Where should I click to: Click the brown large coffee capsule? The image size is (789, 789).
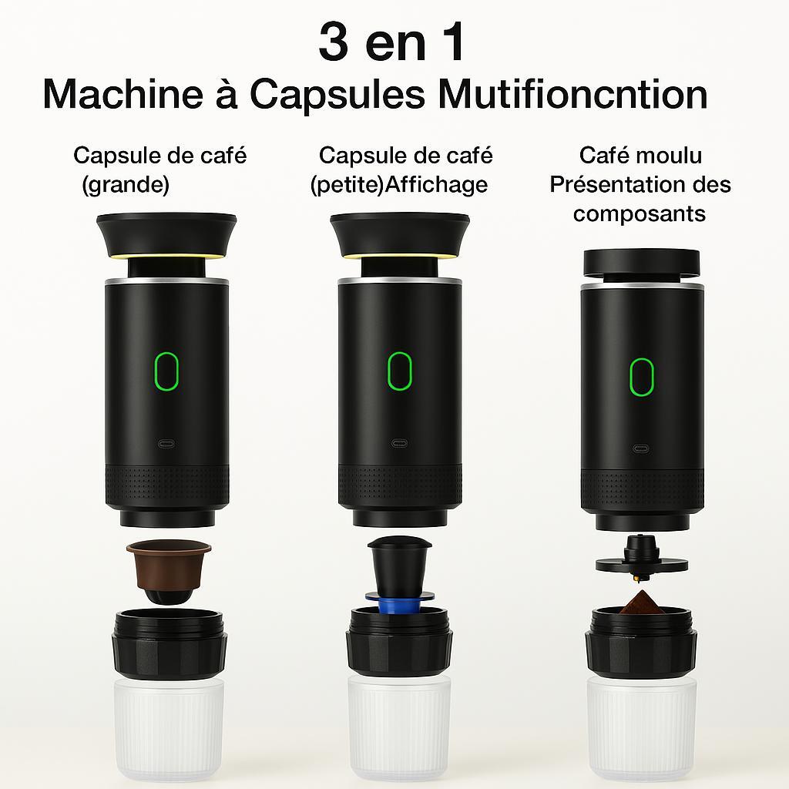point(169,571)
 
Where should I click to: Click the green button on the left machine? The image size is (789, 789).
point(166,371)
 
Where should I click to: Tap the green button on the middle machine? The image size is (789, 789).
point(400,371)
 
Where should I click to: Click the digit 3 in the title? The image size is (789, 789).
point(333,42)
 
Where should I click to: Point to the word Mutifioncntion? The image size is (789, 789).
point(572,94)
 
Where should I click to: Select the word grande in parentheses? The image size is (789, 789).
point(126,184)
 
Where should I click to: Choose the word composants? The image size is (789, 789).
point(639,213)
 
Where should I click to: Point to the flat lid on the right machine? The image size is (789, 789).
point(641,263)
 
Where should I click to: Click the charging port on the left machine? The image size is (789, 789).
point(166,444)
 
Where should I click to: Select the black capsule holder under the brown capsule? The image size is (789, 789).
point(169,644)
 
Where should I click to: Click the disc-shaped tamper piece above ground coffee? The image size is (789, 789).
point(641,559)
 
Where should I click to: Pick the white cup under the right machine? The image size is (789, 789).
point(642,730)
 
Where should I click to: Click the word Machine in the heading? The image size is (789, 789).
point(123,94)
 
